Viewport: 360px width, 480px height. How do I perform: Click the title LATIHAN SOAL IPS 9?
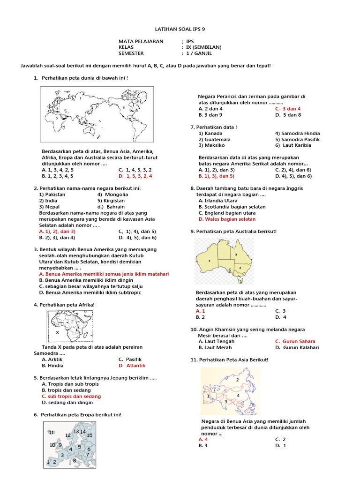pos(180,29)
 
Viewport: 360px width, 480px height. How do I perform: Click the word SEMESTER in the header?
pos(131,53)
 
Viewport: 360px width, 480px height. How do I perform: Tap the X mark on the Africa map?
pos(57,332)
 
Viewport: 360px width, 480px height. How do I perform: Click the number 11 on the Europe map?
pos(52,432)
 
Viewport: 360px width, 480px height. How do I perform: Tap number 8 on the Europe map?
pos(74,461)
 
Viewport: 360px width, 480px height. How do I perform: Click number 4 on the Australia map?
pos(209,261)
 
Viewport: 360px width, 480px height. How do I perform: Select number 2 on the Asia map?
pos(238,379)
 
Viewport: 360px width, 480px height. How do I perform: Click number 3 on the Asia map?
pos(225,402)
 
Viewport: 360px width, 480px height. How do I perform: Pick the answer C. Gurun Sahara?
pos(295,341)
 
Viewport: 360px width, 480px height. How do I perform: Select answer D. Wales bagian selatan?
pos(227,219)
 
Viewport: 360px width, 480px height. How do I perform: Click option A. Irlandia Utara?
pos(218,201)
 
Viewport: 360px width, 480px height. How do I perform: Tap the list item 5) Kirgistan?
pos(112,200)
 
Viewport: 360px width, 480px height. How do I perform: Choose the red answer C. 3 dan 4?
pos(288,109)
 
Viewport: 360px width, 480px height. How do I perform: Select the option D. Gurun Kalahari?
pos(297,347)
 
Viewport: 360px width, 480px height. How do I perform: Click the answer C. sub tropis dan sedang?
pos(71,396)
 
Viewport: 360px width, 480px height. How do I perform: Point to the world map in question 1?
pos(96,114)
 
